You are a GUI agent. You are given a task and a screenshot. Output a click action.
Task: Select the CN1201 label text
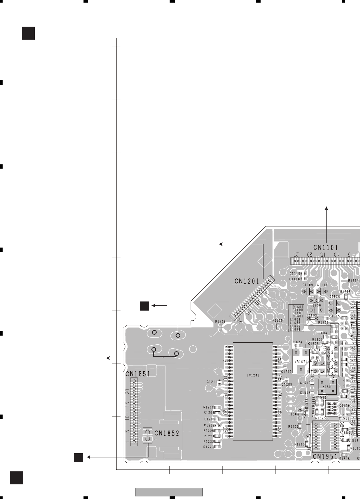247,282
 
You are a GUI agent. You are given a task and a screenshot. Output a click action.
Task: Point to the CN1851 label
138,374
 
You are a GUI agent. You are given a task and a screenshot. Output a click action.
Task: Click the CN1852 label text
167,433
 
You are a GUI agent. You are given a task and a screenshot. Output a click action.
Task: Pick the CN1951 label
325,457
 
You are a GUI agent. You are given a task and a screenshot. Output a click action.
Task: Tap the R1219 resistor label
220,321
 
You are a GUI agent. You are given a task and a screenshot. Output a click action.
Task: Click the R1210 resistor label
277,320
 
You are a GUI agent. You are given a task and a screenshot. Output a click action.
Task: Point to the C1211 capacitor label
212,382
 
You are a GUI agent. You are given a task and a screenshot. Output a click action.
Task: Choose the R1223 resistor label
209,447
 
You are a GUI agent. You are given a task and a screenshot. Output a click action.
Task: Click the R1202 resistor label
209,407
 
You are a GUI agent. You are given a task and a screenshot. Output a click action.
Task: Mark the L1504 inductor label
293,414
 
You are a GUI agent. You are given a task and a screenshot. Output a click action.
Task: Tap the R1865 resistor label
299,444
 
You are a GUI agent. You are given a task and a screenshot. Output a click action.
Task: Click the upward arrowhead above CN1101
327,208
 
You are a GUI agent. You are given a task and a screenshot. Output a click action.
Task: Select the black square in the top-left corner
28,33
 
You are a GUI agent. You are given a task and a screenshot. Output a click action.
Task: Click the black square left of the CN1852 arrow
78,457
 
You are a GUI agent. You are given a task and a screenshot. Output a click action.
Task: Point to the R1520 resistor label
293,427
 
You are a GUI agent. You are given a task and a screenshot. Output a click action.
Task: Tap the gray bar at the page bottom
169,492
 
